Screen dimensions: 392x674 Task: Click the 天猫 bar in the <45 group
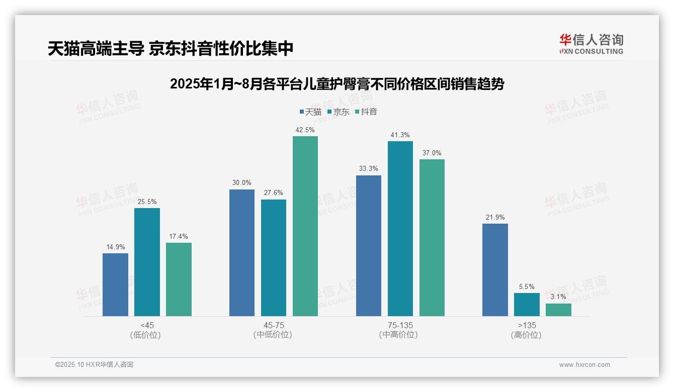(115, 284)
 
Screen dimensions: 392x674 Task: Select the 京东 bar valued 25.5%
(147, 262)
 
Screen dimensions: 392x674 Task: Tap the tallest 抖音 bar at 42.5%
(305, 226)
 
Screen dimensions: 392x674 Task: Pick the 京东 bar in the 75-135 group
(400, 229)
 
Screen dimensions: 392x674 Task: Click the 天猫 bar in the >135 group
(495, 270)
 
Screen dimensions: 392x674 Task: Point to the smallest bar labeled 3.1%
(558, 310)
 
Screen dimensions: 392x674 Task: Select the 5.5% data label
(527, 287)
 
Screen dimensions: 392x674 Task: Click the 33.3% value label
(368, 169)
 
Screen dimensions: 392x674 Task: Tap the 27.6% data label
(274, 193)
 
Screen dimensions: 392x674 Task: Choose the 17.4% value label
(179, 236)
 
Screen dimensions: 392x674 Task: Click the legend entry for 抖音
(366, 112)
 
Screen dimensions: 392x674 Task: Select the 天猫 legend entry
(310, 112)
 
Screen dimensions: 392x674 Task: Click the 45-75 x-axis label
(274, 325)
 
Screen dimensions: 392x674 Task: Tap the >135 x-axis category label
(527, 325)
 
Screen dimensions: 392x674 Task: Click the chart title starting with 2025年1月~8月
(337, 84)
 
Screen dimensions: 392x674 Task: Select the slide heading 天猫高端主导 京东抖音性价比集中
(171, 49)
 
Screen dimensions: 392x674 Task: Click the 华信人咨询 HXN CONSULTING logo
(591, 44)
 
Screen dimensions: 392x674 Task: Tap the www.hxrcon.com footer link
(584, 365)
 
